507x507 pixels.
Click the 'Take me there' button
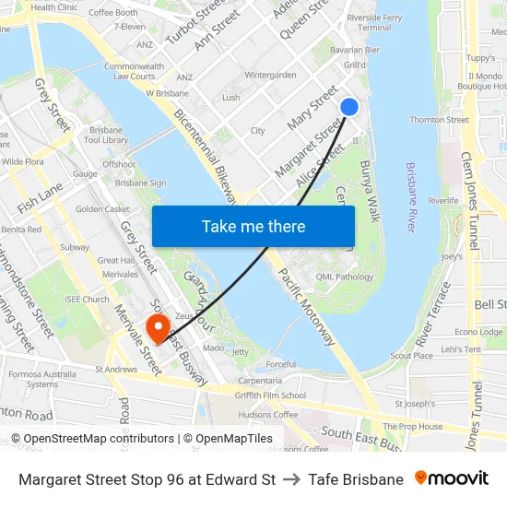pyautogui.click(x=253, y=227)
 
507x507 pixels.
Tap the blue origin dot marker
pyautogui.click(x=349, y=107)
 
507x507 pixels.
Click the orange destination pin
pyautogui.click(x=158, y=327)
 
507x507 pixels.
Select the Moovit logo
pyautogui.click(x=451, y=478)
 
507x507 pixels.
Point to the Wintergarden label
pyautogui.click(x=270, y=75)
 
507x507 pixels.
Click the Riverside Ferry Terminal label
pyautogui.click(x=374, y=23)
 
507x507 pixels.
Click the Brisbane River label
pyautogui.click(x=411, y=197)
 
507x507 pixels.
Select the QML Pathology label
pyautogui.click(x=345, y=277)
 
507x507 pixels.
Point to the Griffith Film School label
pyautogui.click(x=270, y=395)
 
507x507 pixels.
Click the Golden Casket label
pyautogui.click(x=102, y=209)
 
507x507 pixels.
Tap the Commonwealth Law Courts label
pyautogui.click(x=134, y=71)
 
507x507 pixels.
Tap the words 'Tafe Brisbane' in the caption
pyautogui.click(x=356, y=479)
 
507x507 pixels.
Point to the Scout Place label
pyautogui.click(x=411, y=356)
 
